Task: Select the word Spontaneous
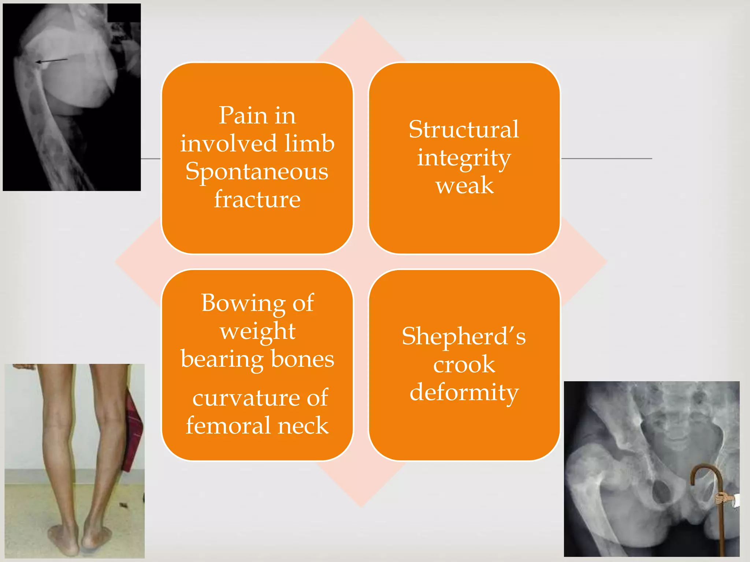[257, 172]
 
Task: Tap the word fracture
[257, 200]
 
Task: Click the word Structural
[464, 130]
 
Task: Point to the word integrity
[464, 159]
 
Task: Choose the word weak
[464, 186]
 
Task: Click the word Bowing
[243, 304]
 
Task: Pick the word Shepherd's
[464, 337]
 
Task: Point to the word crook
[464, 365]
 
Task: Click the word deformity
[464, 393]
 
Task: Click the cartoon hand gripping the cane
[722, 499]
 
